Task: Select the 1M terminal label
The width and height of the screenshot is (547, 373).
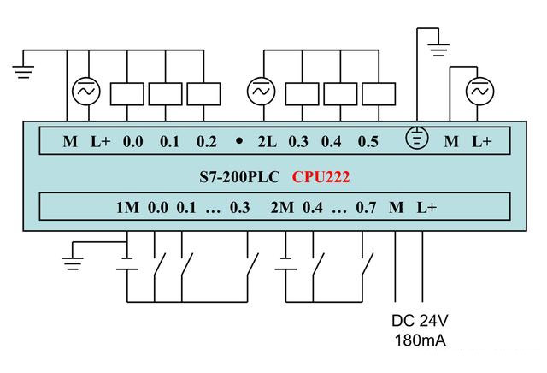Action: tap(126, 208)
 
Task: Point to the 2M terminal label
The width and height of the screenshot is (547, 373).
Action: tap(281, 208)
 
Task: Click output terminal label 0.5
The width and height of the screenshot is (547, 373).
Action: tap(368, 141)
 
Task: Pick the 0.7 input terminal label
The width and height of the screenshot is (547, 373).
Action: tap(366, 208)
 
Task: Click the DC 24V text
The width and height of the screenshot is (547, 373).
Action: tap(421, 324)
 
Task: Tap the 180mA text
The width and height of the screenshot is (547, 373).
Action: tap(421, 342)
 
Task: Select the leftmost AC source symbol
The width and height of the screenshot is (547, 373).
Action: tap(85, 91)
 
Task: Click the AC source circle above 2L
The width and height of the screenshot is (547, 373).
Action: tap(259, 91)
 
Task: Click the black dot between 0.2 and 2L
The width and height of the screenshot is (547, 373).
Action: tap(239, 141)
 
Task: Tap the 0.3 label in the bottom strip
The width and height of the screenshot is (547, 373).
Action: tap(240, 208)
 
